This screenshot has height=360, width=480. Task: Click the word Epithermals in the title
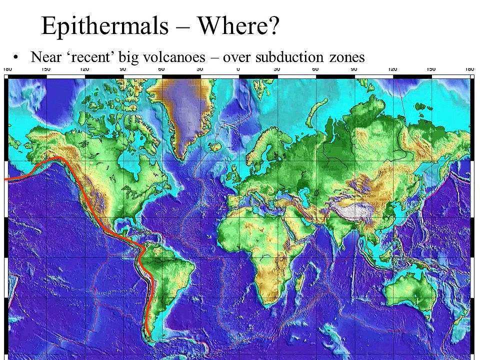pos(104,25)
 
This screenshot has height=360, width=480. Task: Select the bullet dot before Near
pos(16,56)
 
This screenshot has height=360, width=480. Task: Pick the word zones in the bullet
pos(346,57)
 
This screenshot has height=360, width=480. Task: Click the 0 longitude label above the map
pos(238,69)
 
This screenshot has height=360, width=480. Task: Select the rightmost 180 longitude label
pos(469,69)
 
